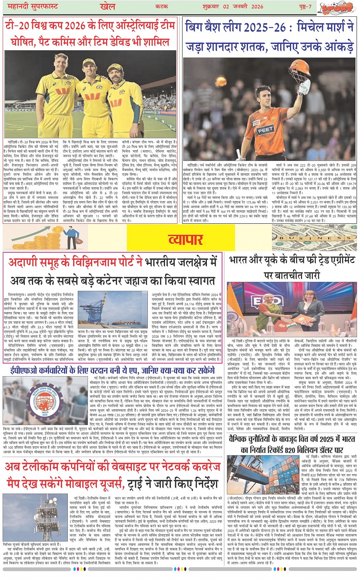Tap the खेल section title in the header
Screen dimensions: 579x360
click(108, 6)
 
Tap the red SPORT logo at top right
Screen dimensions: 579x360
click(336, 8)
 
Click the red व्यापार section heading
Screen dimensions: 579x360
click(186, 239)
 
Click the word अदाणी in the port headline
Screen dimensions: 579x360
click(23, 263)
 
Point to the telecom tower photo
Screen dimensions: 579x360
click(35, 517)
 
